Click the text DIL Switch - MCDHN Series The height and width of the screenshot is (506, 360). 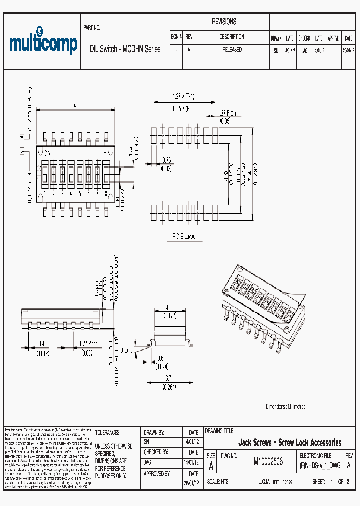coord(125,49)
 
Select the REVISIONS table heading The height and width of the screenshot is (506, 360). coord(224,22)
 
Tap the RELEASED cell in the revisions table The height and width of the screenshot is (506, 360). coord(232,50)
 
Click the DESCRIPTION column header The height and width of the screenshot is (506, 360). coord(232,37)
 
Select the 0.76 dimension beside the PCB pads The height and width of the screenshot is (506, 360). coord(167,160)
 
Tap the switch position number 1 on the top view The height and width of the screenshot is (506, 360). coord(45,193)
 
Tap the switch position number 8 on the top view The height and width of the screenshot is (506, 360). coord(105,193)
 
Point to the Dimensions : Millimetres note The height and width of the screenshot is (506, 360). coord(285,406)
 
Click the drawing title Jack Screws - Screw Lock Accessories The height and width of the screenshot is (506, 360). coord(290,443)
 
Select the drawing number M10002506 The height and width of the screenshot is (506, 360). coord(268,462)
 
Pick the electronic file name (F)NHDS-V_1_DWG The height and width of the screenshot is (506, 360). coord(320,465)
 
